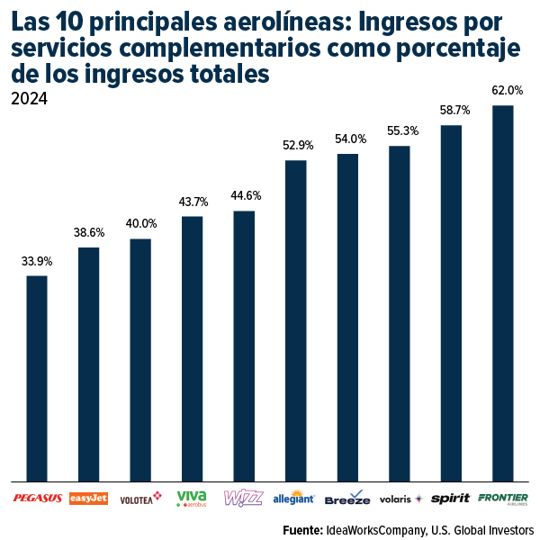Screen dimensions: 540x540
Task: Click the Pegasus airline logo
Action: click(37, 498)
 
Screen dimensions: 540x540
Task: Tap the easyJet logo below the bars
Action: click(88, 498)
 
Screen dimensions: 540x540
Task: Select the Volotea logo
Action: click(140, 498)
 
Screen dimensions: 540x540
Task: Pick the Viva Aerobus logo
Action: click(192, 498)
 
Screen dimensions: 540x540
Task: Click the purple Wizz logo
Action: click(243, 498)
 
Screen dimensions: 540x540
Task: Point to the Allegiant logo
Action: click(294, 498)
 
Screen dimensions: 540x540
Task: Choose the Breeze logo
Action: click(347, 498)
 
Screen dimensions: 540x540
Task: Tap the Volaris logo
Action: click(399, 498)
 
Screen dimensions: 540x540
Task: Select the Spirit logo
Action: click(451, 498)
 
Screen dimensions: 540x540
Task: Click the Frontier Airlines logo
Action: click(503, 498)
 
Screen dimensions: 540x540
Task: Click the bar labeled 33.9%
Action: click(37, 378)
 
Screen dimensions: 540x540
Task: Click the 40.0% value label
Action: click(140, 223)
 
